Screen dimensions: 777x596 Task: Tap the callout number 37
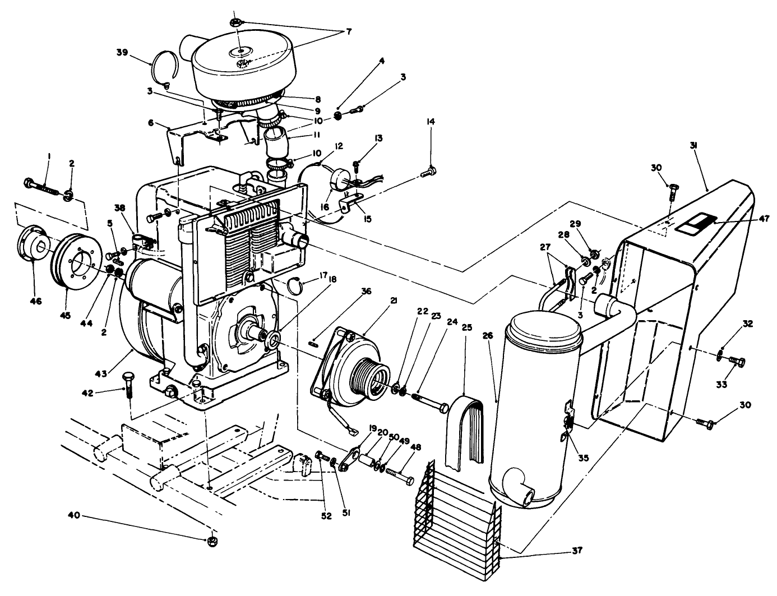577,551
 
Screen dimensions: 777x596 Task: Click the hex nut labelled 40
212,541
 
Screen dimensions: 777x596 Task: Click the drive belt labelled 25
463,432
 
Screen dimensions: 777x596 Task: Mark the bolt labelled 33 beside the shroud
737,361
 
